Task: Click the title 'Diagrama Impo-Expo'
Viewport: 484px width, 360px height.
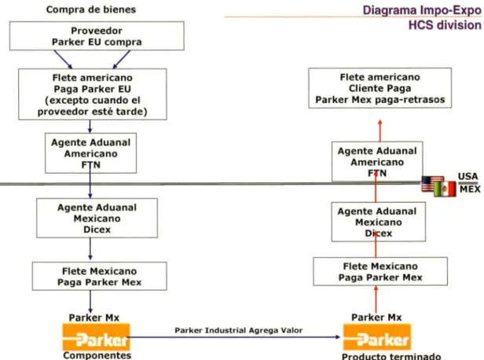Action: coord(422,10)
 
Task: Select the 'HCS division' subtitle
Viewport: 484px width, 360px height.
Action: coord(445,25)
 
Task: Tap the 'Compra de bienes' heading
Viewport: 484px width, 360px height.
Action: coord(91,9)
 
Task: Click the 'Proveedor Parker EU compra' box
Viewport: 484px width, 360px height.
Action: coord(97,36)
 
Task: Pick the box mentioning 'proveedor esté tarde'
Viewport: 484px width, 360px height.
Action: coord(93,94)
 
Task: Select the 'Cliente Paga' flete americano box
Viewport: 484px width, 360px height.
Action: coord(380,88)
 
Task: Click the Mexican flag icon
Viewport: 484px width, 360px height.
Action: coord(445,189)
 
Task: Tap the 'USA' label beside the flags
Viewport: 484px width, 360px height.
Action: coord(468,176)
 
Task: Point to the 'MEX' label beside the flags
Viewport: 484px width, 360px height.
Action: coord(470,189)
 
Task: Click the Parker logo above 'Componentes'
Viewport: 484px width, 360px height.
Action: coord(97,337)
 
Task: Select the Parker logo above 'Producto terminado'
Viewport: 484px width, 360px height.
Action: coord(377,337)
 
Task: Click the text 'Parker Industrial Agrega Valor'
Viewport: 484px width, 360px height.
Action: coord(239,330)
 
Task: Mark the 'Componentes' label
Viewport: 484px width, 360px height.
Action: coord(97,355)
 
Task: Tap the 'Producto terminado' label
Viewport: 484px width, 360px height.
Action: coord(391,356)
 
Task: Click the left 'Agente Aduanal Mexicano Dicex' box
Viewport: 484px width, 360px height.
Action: coord(97,218)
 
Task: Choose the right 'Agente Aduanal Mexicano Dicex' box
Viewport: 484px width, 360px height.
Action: coord(379,222)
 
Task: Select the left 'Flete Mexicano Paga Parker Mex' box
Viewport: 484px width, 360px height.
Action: coord(99,277)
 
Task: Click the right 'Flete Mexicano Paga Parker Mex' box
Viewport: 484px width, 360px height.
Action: coord(380,271)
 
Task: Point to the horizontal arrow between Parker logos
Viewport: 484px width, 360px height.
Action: coord(235,337)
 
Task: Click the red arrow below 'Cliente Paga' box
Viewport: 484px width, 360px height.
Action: coord(380,130)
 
